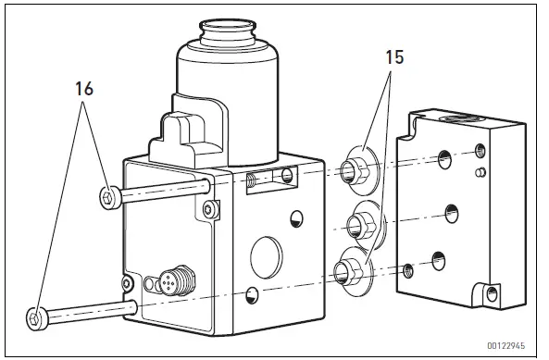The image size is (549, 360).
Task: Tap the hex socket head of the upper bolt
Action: point(107,195)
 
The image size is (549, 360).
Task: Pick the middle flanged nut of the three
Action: point(355,223)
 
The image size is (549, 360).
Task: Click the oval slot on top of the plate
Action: point(459,118)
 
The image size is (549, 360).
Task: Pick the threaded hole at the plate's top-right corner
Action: point(479,151)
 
